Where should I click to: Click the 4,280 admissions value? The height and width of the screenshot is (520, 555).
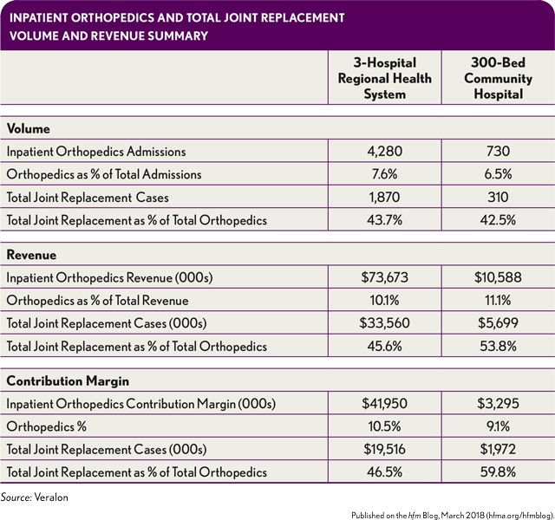(384, 152)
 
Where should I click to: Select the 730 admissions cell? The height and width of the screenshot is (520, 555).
(498, 152)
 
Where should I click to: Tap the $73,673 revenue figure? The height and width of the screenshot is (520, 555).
(384, 277)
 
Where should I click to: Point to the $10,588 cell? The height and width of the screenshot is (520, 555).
(498, 277)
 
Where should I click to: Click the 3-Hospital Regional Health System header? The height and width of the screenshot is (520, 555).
(385, 79)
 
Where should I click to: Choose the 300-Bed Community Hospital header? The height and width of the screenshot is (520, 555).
(498, 79)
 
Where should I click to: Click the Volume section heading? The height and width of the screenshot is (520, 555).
(29, 128)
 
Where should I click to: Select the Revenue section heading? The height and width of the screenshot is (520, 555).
(31, 255)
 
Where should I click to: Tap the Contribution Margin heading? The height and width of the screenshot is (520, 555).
(68, 381)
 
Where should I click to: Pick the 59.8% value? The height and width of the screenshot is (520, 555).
(498, 471)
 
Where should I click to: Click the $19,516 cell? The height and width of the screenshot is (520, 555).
(384, 449)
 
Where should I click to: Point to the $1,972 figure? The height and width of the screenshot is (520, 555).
(498, 449)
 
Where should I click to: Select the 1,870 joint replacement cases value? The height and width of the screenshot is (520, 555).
(384, 197)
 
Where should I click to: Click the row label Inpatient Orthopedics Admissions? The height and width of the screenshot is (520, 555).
(96, 152)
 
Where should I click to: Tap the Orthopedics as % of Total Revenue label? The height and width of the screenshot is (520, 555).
(98, 301)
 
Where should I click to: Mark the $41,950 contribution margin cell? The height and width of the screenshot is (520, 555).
(384, 403)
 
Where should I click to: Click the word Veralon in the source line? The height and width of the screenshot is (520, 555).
(51, 497)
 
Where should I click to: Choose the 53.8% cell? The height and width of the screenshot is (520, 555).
(498, 346)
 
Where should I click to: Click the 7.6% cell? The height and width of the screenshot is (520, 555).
(384, 174)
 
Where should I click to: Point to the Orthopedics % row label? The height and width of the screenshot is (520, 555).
(47, 426)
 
